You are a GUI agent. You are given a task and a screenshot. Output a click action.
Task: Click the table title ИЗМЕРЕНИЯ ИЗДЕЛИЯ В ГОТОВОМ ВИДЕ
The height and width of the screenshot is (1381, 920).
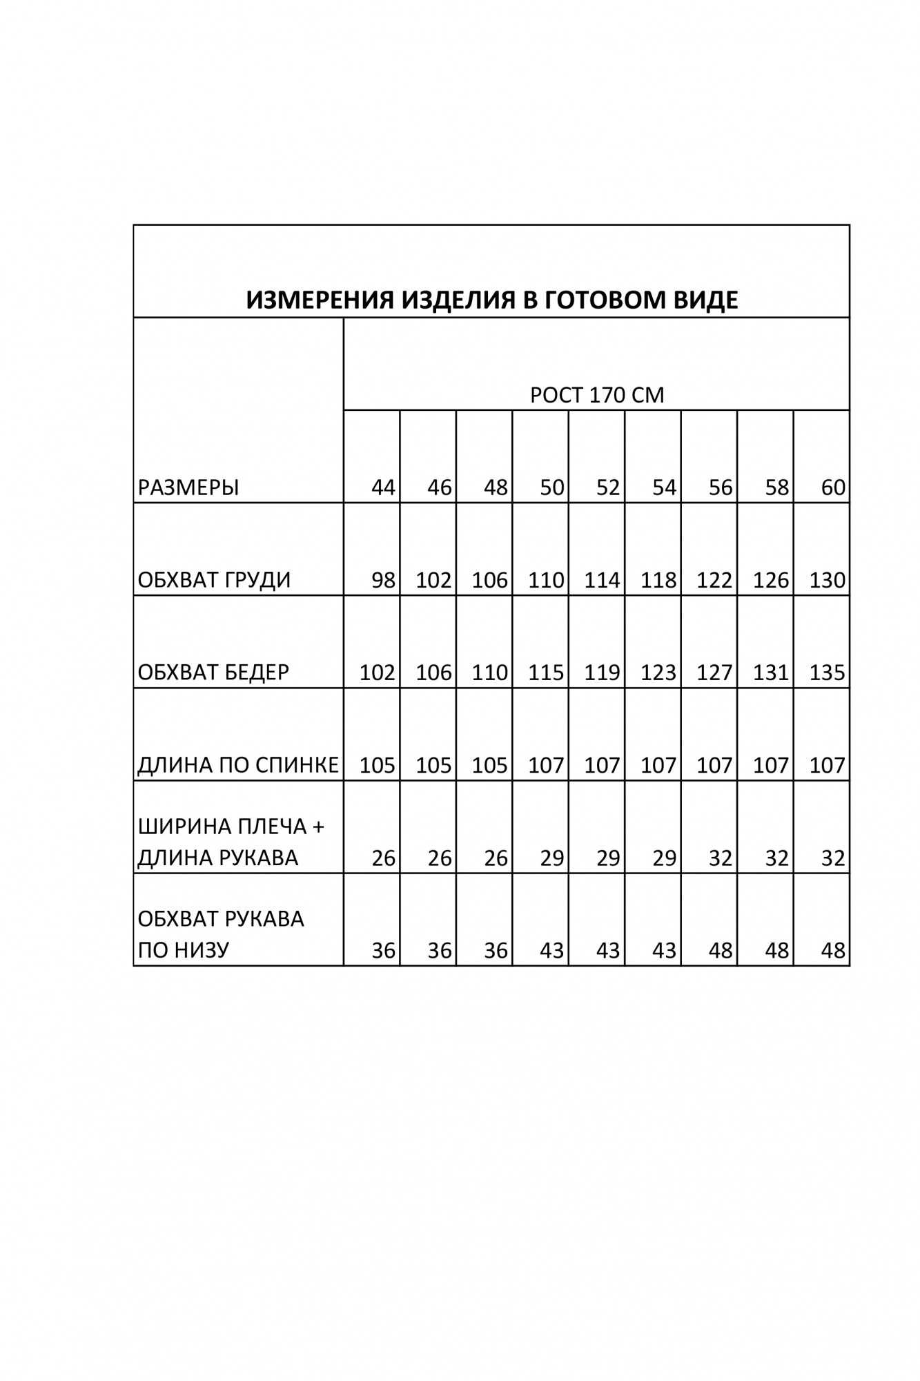coord(491,300)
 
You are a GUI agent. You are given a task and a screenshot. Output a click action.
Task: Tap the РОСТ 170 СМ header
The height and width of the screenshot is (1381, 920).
coord(596,395)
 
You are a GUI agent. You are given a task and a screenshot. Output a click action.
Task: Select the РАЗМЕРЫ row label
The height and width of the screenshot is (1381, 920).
coord(188,487)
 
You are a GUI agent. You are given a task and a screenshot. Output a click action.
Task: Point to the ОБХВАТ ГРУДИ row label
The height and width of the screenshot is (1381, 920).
coord(214,580)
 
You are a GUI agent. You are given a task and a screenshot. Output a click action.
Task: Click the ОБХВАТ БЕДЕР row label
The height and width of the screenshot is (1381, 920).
coord(213,672)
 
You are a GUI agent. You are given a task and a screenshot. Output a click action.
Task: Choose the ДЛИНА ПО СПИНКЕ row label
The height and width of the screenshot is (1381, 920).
coord(238,764)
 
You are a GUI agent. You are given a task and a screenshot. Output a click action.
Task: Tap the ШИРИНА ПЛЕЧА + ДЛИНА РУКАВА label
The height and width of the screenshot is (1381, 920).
coord(231,842)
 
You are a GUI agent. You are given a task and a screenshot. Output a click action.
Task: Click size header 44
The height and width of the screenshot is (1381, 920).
coord(383,487)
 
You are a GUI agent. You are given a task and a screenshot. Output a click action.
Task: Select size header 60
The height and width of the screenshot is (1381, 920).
coord(833,487)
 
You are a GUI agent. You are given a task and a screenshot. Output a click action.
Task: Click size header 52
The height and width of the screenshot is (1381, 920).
coord(608,487)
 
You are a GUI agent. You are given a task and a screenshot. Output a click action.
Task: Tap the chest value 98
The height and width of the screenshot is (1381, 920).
coord(383,580)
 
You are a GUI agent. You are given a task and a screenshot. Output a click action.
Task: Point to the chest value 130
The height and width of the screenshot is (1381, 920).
coord(827,580)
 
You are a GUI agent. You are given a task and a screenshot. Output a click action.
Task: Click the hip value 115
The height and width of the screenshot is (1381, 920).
coord(546,672)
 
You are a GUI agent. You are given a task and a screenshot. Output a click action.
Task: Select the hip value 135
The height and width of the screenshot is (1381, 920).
coord(827,672)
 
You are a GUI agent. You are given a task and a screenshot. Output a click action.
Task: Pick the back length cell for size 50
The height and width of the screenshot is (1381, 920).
coord(546,764)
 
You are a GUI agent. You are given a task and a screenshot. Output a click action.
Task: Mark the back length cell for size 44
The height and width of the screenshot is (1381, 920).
coord(377,764)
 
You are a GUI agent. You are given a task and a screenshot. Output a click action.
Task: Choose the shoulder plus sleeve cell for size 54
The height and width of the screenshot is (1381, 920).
coord(664,858)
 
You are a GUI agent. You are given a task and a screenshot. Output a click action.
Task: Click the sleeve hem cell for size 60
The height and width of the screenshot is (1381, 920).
coord(833,950)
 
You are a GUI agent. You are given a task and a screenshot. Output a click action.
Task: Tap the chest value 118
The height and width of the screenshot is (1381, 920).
coord(658,580)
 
